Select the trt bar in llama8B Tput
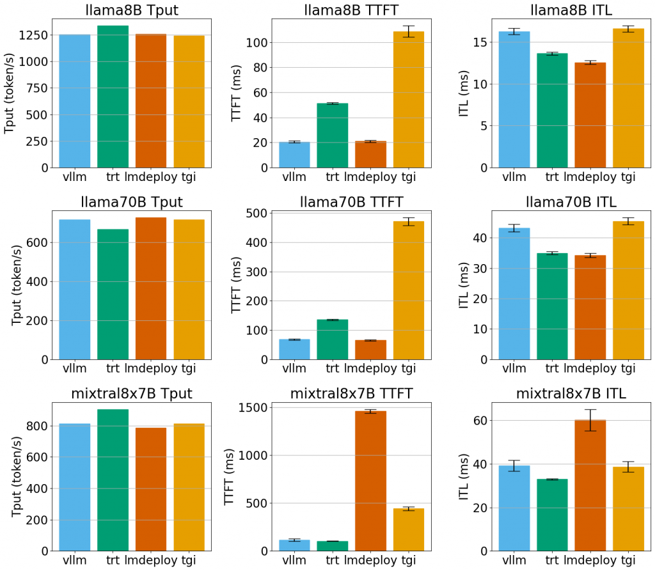pos(113,97)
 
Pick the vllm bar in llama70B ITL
pos(514,293)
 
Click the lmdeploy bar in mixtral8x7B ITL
pos(590,485)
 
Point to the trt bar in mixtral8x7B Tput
pos(113,480)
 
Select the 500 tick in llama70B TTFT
pos(256,214)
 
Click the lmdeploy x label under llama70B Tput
pos(151,368)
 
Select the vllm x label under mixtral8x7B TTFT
pos(294,560)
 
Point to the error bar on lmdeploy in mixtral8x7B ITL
pos(590,420)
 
